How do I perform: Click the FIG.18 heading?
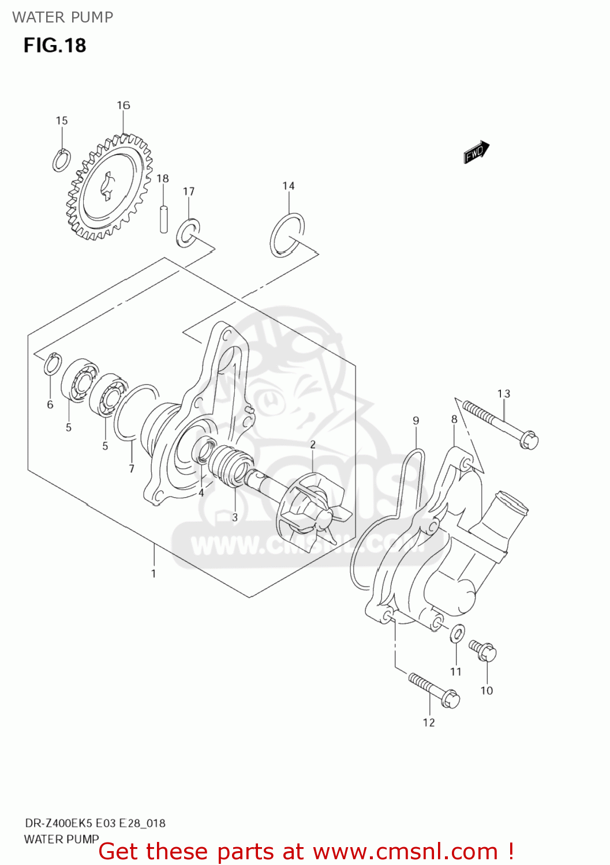(55, 45)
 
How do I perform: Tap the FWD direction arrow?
(476, 152)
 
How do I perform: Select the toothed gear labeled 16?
(109, 187)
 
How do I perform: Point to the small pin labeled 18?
(164, 219)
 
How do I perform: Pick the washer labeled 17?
(188, 232)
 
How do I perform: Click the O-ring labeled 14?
(287, 235)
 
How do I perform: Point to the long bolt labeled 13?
(499, 427)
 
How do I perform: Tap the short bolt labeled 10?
(484, 650)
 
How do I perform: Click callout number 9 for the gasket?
(416, 421)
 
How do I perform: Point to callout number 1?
(154, 573)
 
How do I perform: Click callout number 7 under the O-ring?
(132, 469)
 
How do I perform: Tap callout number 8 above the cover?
(454, 419)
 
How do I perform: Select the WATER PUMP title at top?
(62, 17)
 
